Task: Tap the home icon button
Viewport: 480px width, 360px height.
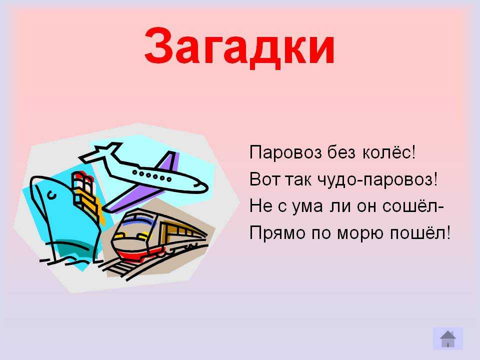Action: coord(448,338)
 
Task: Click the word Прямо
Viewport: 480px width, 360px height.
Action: coord(277,233)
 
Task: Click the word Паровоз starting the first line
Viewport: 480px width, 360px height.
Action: coord(285,152)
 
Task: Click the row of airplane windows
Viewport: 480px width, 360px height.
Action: coord(151,176)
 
